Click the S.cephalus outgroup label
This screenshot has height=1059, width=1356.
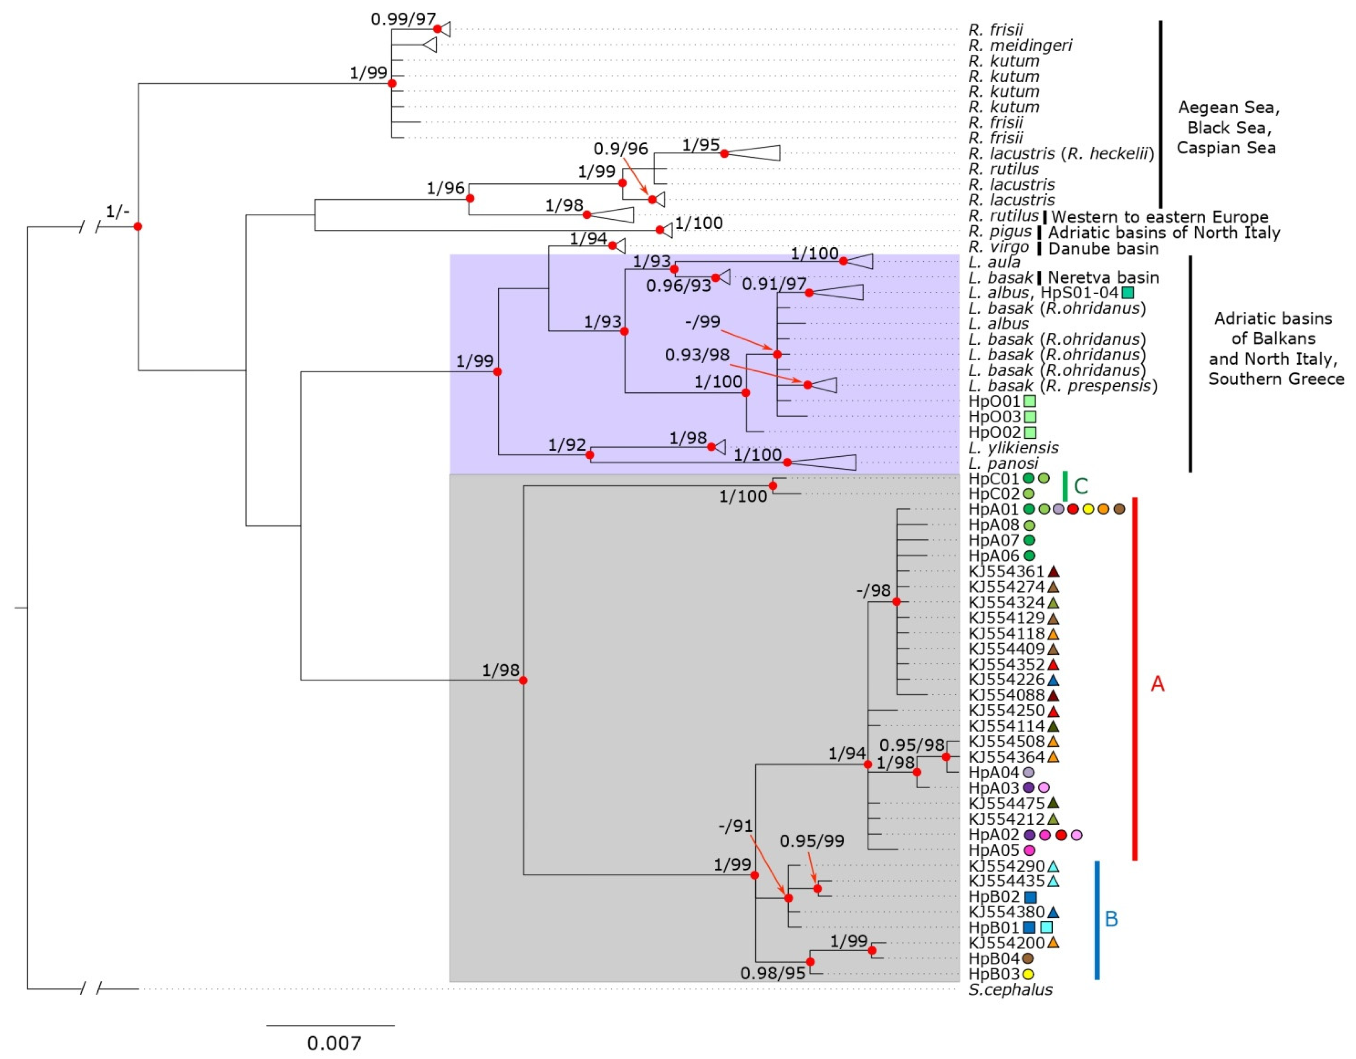point(1010,989)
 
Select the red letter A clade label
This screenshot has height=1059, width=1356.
point(1157,684)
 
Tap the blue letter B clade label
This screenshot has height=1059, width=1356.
point(1111,918)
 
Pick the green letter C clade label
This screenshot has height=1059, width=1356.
point(1081,486)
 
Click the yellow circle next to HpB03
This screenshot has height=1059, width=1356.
point(1028,974)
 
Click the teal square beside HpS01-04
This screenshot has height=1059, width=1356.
point(1127,293)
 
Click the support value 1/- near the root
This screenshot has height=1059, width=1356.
point(118,212)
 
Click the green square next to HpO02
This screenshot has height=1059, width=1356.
point(1030,432)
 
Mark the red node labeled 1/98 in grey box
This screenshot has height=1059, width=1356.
point(523,680)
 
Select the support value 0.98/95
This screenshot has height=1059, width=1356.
point(772,973)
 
